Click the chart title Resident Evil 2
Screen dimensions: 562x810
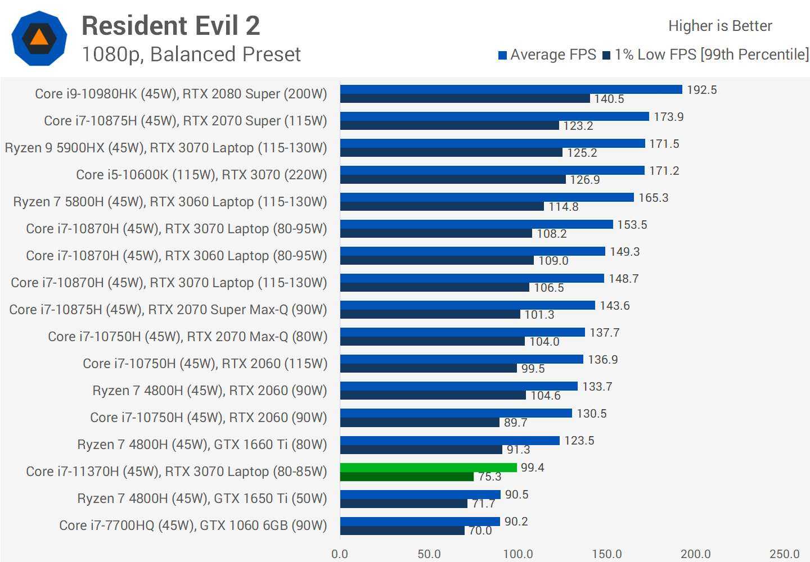tap(170, 26)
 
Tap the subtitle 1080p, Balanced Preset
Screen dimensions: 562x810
tap(191, 55)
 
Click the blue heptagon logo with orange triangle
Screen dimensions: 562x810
tap(39, 38)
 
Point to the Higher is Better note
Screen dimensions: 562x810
tap(720, 26)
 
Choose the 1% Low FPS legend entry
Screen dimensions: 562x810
tap(705, 55)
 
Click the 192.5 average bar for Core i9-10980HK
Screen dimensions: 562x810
tap(511, 89)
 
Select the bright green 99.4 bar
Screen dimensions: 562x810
tap(428, 468)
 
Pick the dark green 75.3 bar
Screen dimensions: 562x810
tap(407, 477)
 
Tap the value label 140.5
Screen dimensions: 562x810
tap(609, 99)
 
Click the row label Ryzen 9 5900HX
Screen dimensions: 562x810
tap(166, 148)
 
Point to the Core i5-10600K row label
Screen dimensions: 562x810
tap(201, 175)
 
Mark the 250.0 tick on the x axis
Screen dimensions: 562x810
tap(784, 554)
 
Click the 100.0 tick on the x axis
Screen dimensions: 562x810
tap(517, 554)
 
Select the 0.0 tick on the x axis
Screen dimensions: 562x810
tap(340, 554)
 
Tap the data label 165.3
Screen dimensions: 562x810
tap(653, 198)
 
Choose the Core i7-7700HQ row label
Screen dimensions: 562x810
tap(193, 525)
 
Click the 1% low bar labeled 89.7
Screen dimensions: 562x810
tap(420, 422)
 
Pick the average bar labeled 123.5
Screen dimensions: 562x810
tap(450, 441)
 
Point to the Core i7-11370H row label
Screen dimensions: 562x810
tap(176, 472)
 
